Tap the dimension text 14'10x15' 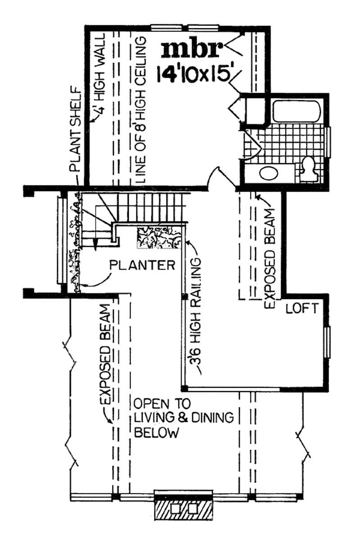194,74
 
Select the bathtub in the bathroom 297,111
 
